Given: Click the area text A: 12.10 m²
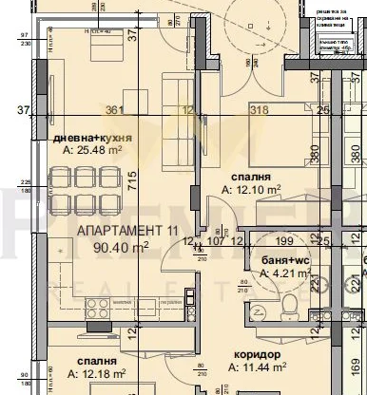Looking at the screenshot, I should [251, 189].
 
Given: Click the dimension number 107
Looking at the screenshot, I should [217, 241].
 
